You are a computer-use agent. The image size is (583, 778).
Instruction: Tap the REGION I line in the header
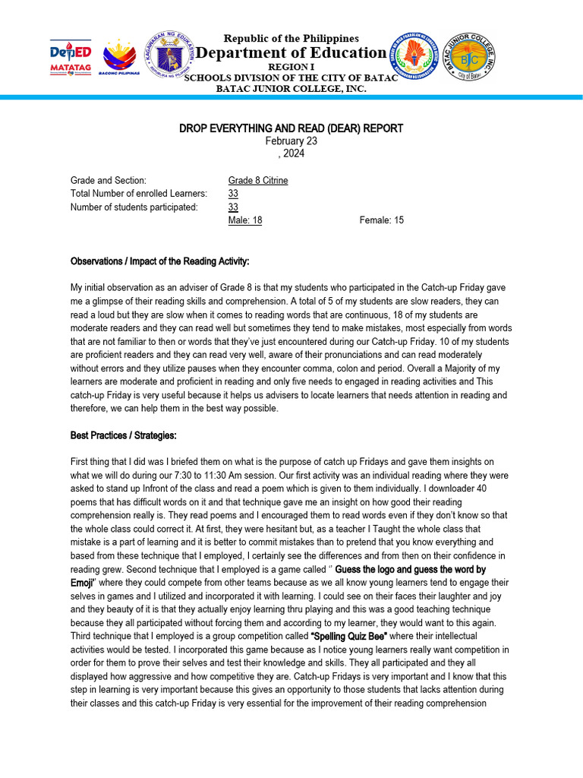coord(291,67)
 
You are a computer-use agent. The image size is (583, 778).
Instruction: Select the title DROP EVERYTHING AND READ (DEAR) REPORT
coord(291,128)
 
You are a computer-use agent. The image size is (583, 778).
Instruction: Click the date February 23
coord(291,141)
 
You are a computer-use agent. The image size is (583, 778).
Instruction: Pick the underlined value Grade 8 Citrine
coord(258,181)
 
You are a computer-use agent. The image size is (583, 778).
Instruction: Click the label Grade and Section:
coord(108,181)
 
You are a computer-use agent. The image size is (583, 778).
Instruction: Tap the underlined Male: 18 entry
coord(245,220)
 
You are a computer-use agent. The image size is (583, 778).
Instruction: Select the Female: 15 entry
coord(381,220)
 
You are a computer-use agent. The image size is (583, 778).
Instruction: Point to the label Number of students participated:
coord(134,207)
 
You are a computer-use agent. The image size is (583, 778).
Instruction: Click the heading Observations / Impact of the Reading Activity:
coord(159,261)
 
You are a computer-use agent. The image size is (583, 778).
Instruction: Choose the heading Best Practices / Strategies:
coord(123,435)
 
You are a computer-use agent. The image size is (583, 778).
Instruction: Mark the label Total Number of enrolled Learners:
coord(138,194)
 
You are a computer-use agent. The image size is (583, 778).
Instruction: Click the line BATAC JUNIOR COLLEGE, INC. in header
coord(291,89)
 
